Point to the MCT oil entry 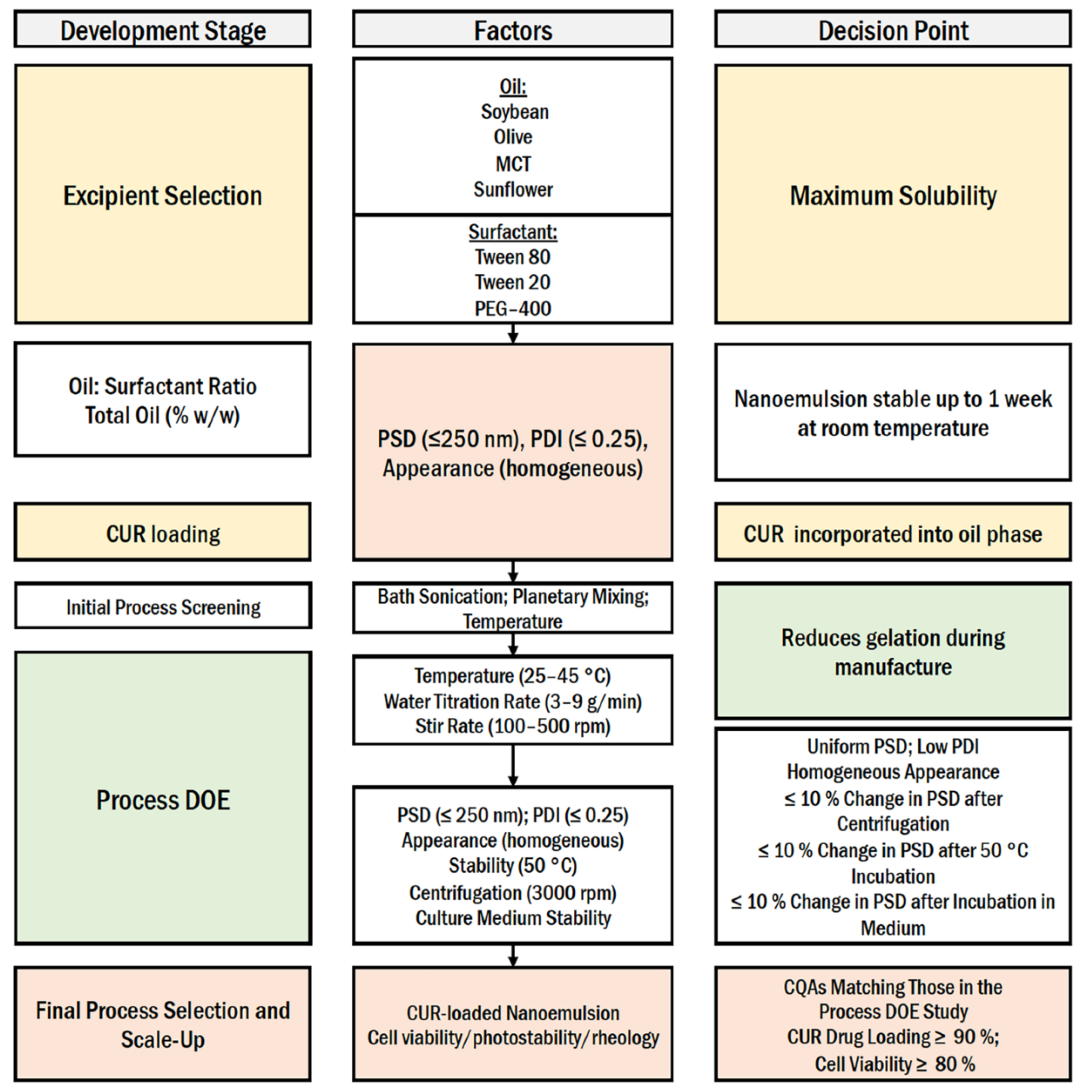click(513, 164)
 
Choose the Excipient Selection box click(163, 195)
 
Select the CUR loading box click(163, 533)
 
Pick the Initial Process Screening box click(163, 606)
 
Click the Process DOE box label click(163, 800)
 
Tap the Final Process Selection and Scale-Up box click(163, 1024)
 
